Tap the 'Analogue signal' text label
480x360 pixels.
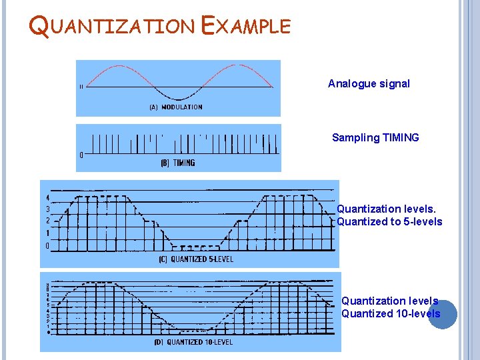click(x=369, y=84)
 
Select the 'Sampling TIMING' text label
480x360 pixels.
click(x=375, y=138)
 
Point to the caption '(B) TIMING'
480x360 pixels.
click(x=177, y=163)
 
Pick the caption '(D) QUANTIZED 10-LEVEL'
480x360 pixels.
click(x=193, y=342)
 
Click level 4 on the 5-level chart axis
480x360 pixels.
click(x=47, y=197)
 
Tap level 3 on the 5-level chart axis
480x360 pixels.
click(x=47, y=209)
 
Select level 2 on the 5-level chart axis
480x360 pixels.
click(x=47, y=221)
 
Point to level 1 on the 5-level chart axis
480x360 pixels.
click(x=47, y=233)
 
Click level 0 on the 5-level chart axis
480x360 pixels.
click(x=47, y=245)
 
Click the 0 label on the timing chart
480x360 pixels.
click(x=81, y=155)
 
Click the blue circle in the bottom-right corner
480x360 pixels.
click(x=443, y=315)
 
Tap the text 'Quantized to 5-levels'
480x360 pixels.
click(x=389, y=222)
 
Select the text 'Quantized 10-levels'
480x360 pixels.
click(x=391, y=314)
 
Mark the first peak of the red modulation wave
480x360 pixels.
click(x=119, y=65)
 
